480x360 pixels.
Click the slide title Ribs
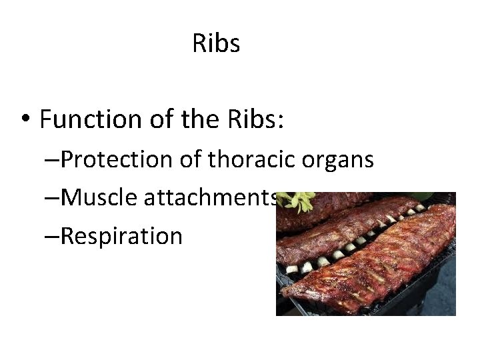[216, 44]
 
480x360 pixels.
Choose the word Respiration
[121, 236]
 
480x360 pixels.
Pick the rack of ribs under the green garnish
[327, 210]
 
